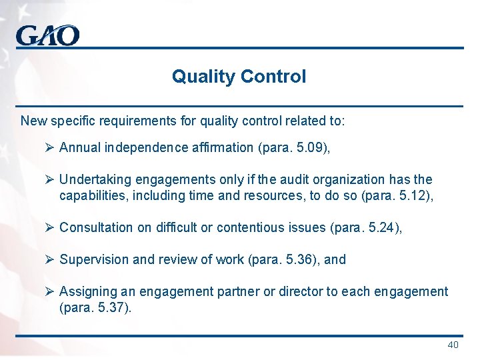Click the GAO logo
[47, 35]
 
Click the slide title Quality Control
[239, 77]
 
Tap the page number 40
[453, 345]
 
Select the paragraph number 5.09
[310, 147]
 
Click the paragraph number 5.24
[383, 227]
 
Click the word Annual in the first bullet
[78, 147]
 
